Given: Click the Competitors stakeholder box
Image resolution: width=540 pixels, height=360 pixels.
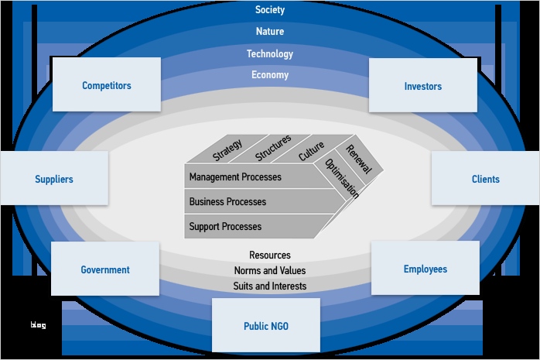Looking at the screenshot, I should click(x=107, y=85).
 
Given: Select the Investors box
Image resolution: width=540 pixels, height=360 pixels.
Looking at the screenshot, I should click(x=422, y=86).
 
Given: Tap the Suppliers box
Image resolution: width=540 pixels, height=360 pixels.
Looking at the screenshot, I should click(x=54, y=179).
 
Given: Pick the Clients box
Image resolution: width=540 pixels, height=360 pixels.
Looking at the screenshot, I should click(x=485, y=179).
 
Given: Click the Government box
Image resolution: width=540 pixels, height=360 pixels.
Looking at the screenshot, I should click(x=105, y=269).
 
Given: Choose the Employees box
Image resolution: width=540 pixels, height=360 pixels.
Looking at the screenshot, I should click(x=425, y=269).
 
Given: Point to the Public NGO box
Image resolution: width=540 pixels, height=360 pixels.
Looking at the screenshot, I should click(x=266, y=326).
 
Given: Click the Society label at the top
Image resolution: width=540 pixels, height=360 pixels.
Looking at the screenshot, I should click(x=270, y=10).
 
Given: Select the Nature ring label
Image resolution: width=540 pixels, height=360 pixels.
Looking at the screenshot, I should click(x=270, y=32).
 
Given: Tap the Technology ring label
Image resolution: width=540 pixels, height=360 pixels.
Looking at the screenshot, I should click(x=270, y=54).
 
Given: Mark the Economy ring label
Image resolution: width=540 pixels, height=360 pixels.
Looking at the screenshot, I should click(x=270, y=75).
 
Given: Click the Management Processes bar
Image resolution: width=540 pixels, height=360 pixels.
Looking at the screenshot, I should click(x=235, y=177).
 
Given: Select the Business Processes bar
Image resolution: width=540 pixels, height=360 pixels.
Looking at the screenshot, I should click(x=227, y=201).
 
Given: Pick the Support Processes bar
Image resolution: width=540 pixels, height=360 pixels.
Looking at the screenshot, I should click(x=225, y=226).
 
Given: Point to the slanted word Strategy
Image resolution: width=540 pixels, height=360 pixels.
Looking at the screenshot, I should click(x=227, y=149).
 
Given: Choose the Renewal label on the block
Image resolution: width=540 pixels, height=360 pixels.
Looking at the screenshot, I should click(x=359, y=159).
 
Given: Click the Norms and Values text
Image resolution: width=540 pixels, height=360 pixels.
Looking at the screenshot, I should click(x=270, y=270).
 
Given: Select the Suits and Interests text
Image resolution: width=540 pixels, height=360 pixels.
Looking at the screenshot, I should click(x=270, y=286).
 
